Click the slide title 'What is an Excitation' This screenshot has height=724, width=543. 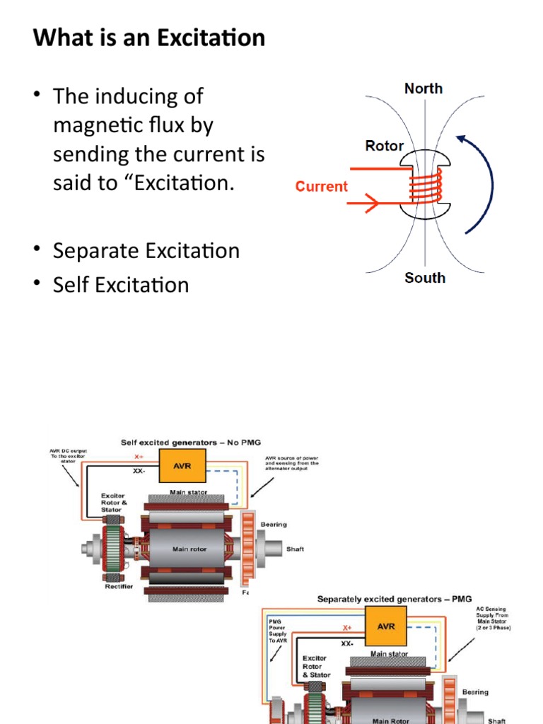[149, 37]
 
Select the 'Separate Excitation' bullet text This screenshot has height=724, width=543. [146, 251]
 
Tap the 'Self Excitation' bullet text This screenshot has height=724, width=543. [121, 285]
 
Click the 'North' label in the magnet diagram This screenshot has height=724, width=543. [424, 88]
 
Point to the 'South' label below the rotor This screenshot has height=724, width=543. [425, 278]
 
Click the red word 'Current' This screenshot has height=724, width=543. [322, 187]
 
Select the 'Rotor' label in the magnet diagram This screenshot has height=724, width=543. [384, 146]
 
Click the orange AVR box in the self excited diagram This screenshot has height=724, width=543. [182, 466]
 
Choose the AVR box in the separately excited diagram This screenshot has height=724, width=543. [387, 626]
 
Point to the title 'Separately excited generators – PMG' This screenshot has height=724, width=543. [391, 600]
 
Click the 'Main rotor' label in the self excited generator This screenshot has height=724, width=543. [189, 549]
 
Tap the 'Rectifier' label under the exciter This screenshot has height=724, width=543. [117, 586]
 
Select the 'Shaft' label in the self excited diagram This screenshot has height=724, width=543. [295, 549]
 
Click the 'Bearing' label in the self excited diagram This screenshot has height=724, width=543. [274, 525]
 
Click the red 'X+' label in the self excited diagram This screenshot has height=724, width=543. [139, 457]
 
